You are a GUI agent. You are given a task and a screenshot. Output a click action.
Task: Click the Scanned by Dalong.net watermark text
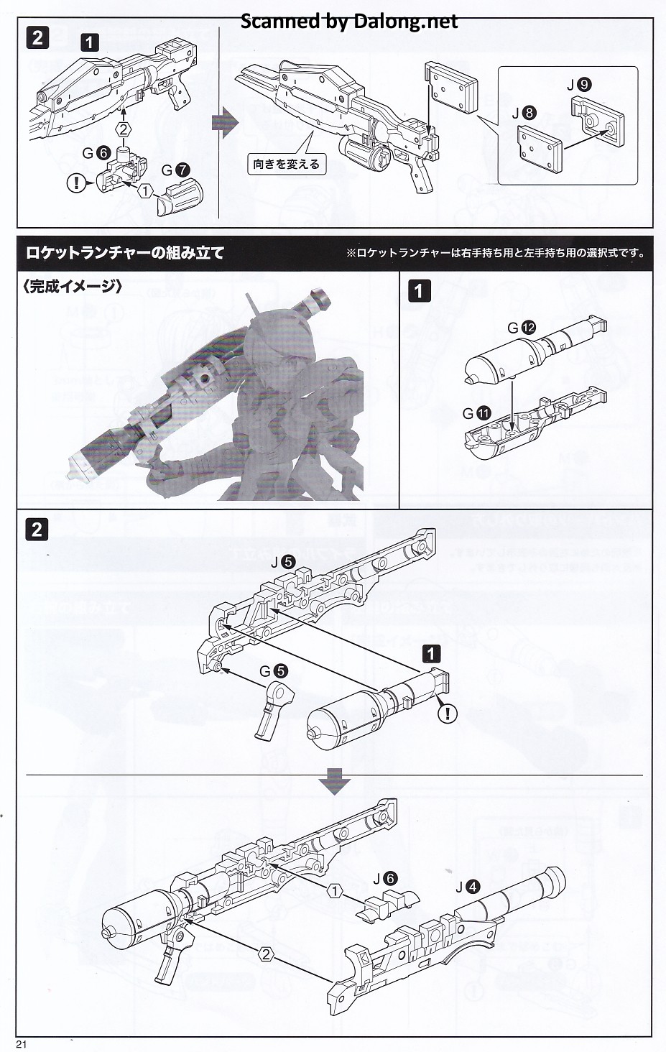348,21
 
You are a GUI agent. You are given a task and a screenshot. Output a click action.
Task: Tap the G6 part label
96,152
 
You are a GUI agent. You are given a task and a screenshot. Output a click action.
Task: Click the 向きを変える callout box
286,164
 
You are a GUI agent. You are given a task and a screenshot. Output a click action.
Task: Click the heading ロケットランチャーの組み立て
125,252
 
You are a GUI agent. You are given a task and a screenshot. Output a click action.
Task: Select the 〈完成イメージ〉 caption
73,286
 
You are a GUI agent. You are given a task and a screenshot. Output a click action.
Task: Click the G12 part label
522,328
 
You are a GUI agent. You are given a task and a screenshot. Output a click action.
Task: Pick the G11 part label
476,413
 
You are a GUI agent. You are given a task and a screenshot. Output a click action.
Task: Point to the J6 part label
381,878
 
